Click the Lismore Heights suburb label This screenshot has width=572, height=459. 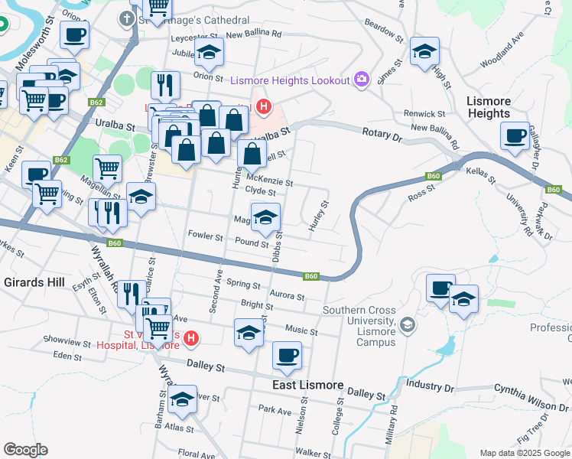488,107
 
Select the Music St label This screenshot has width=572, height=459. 301,330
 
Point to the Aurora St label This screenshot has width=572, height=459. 287,296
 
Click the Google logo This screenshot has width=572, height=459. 25,450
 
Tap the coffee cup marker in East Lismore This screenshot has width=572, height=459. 288,355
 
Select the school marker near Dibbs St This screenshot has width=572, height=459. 265,218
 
